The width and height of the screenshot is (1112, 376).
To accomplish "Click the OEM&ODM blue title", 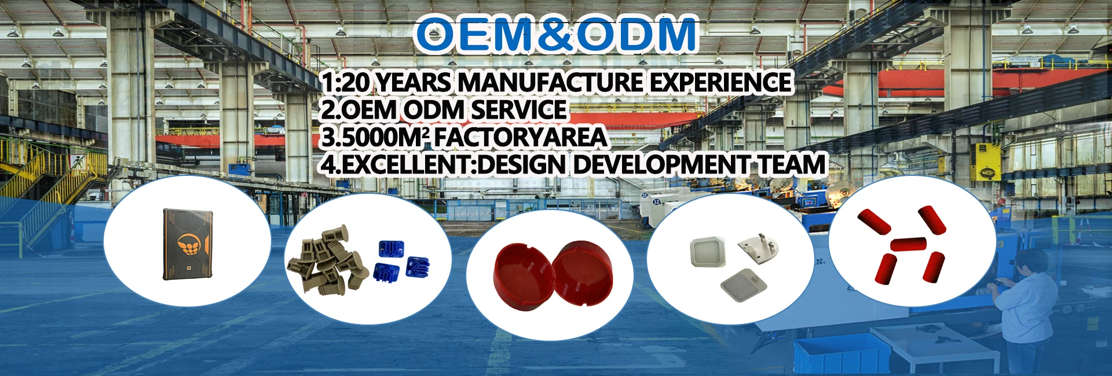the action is pyautogui.click(x=557, y=34).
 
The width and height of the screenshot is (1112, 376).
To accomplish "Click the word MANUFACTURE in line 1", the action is pyautogui.click(x=550, y=82).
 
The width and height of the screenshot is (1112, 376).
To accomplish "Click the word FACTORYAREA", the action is pyautogui.click(x=520, y=137).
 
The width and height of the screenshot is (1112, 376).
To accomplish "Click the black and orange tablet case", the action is pyautogui.click(x=187, y=244).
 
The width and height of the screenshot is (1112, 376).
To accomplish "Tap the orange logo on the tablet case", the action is pyautogui.click(x=188, y=245).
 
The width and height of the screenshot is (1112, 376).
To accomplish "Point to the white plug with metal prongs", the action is pyautogui.click(x=758, y=247).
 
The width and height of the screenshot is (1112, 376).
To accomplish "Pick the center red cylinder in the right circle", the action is pyautogui.click(x=908, y=244).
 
